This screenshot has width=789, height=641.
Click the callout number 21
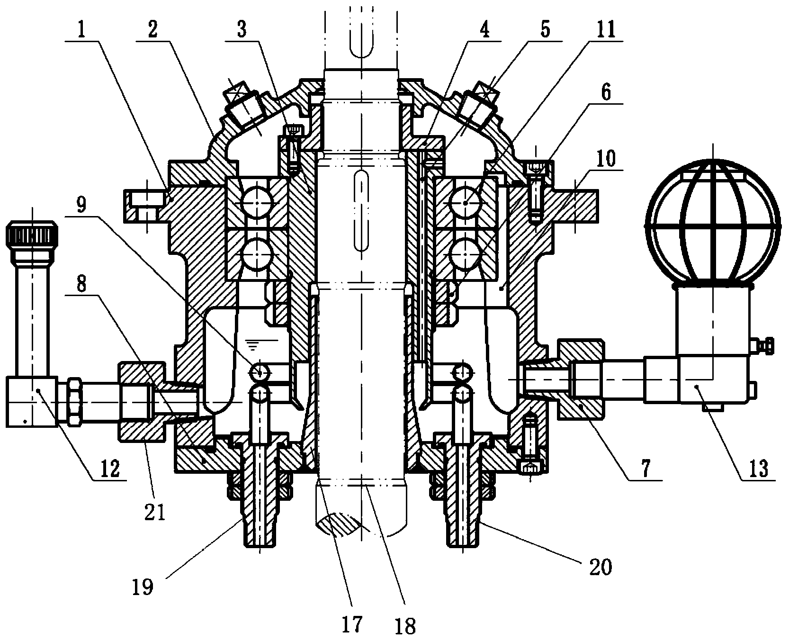155,512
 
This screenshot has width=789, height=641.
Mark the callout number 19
143,587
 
